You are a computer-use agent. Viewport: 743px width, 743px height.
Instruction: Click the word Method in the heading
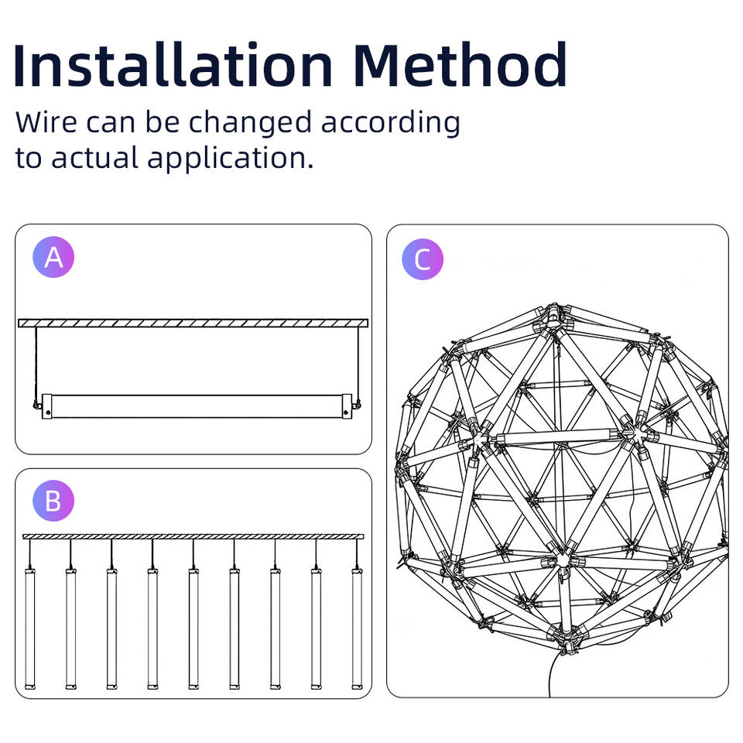pyautogui.click(x=460, y=65)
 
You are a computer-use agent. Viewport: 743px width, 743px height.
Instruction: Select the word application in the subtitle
pyautogui.click(x=230, y=158)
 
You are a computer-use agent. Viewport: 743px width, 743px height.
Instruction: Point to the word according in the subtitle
pyautogui.click(x=390, y=123)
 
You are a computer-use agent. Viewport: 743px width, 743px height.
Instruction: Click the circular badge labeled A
pyautogui.click(x=53, y=257)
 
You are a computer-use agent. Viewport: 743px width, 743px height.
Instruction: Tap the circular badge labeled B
pyautogui.click(x=53, y=501)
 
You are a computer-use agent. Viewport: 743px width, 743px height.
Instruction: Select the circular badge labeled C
pyautogui.click(x=423, y=259)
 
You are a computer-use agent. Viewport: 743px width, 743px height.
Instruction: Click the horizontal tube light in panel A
pyautogui.click(x=197, y=406)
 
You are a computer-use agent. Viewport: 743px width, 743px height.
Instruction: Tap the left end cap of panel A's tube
pyautogui.click(x=47, y=406)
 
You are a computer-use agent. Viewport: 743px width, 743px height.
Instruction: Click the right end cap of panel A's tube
pyautogui.click(x=347, y=406)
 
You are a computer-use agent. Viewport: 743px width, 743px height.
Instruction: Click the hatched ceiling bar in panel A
pyautogui.click(x=193, y=324)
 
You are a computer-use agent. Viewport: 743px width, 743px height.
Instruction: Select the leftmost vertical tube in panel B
pyautogui.click(x=30, y=628)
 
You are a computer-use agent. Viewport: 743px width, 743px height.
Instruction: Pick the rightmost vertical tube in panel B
pyautogui.click(x=358, y=628)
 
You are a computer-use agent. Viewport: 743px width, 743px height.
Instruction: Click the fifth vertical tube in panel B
pyautogui.click(x=193, y=628)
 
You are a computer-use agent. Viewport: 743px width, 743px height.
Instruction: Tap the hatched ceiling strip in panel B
pyautogui.click(x=193, y=536)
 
